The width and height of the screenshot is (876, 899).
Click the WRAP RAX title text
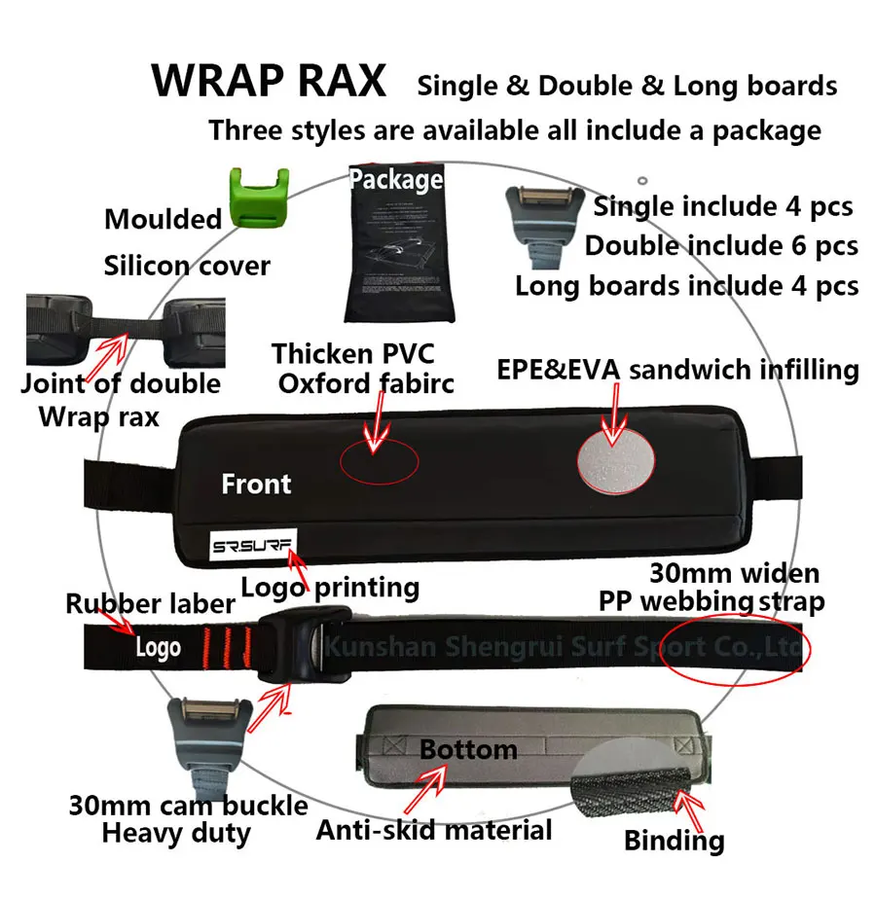click(x=269, y=81)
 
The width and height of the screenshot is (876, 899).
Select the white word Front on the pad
click(x=256, y=484)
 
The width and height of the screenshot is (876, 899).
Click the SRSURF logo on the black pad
click(x=254, y=547)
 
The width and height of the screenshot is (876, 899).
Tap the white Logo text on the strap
click(x=158, y=646)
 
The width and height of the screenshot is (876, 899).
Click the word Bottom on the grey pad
click(x=468, y=749)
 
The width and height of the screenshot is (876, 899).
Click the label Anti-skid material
click(x=434, y=830)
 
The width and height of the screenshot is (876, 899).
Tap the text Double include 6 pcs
click(x=721, y=245)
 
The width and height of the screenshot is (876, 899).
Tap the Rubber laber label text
click(x=150, y=603)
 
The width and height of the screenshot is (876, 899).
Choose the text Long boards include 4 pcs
click(x=686, y=285)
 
